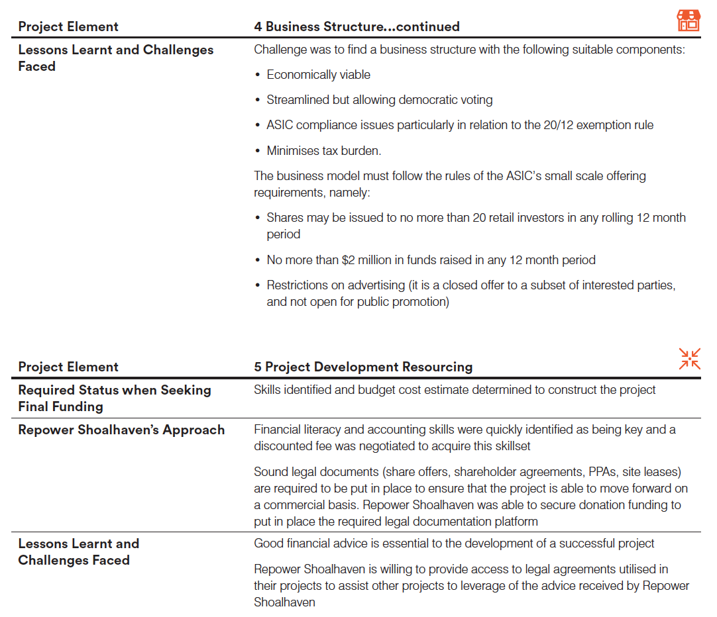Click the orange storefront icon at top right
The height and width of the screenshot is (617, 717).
[x=689, y=21]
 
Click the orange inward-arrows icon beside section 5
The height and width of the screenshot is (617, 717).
[x=689, y=358]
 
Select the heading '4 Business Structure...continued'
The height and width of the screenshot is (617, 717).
[x=357, y=26]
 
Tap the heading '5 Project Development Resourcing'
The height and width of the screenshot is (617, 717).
[x=363, y=367]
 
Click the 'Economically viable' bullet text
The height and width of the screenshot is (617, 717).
[x=319, y=75]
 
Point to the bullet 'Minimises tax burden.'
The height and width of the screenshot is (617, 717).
[x=324, y=150]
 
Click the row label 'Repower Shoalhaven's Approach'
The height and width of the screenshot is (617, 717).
[x=121, y=430]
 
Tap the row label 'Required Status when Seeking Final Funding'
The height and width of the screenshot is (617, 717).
[x=115, y=398]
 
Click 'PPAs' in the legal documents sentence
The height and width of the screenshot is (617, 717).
[x=600, y=472]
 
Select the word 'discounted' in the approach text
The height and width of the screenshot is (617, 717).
[x=281, y=446]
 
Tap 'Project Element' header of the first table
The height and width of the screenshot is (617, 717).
[x=68, y=26]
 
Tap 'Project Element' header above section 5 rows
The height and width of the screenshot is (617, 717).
[x=68, y=367]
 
